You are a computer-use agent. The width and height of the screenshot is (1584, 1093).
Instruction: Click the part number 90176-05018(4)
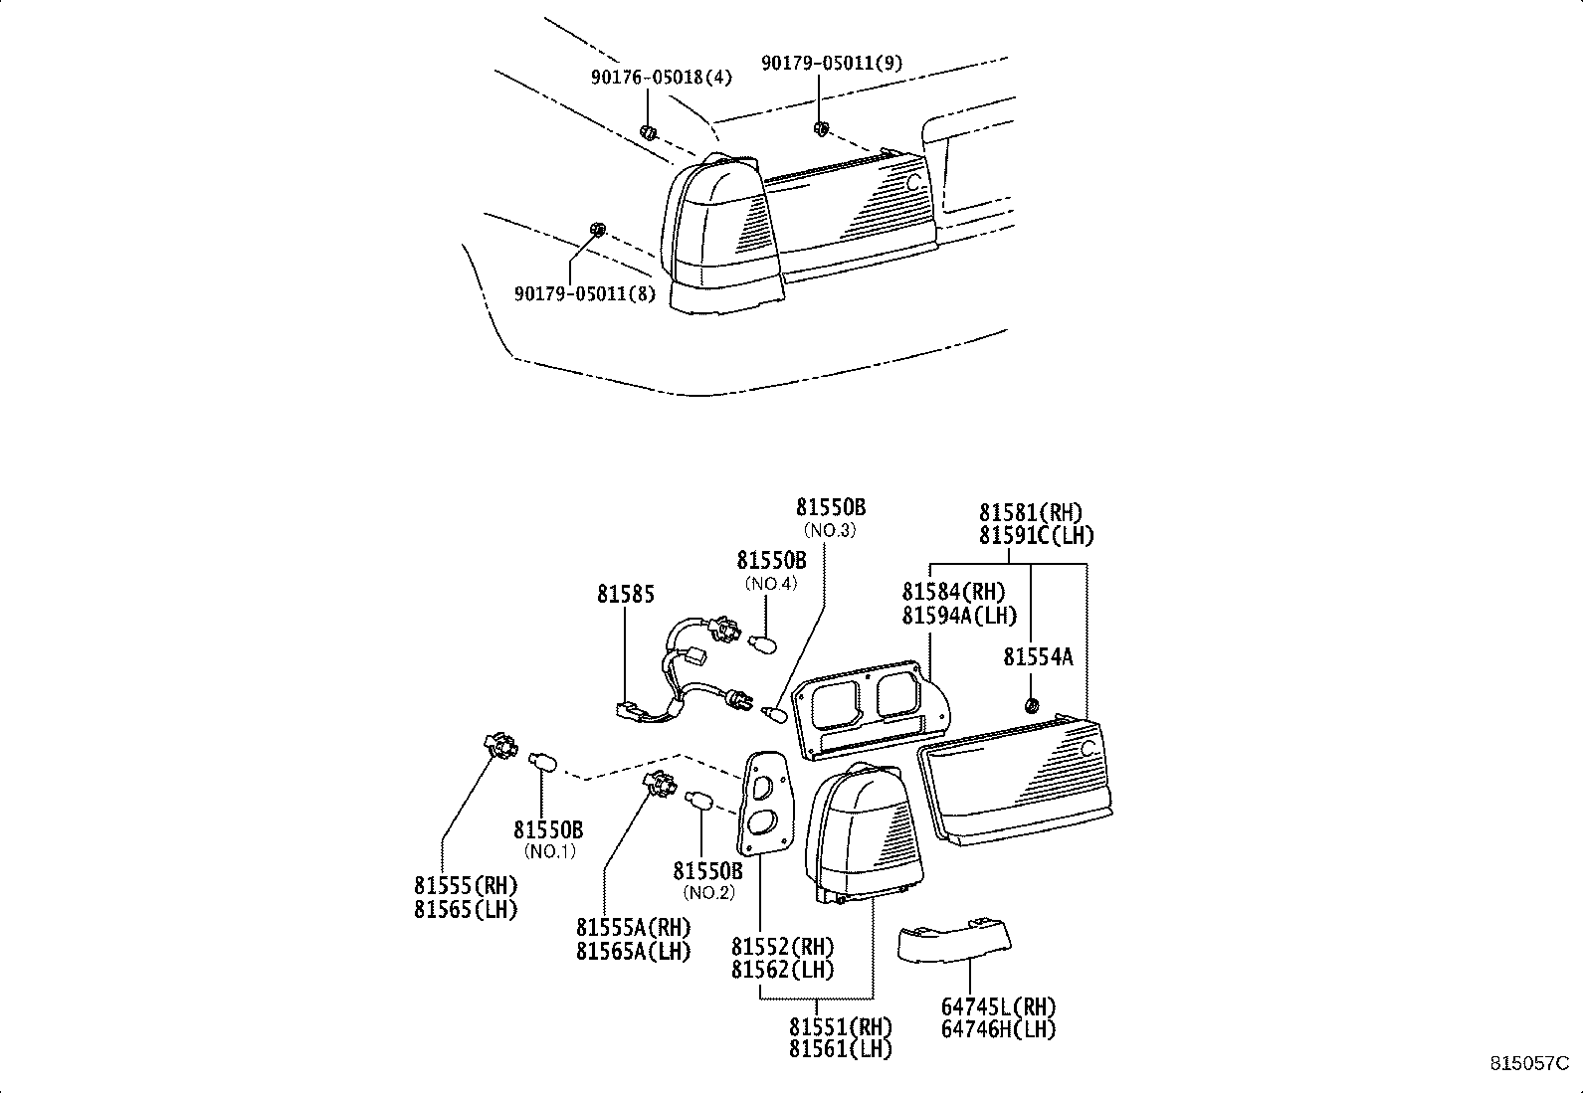662,77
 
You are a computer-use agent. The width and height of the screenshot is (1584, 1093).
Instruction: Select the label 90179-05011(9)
833,63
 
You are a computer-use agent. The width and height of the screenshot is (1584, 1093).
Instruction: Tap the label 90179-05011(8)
585,293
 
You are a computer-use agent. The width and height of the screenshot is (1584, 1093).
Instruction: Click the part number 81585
626,595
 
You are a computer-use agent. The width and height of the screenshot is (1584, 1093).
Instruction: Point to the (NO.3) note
830,530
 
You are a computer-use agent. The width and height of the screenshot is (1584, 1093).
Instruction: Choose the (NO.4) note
771,583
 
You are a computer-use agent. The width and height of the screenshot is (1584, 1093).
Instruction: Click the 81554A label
1038,657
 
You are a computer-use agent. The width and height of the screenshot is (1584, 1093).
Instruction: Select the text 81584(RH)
954,592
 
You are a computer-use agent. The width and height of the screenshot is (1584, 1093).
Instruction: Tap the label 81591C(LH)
1037,536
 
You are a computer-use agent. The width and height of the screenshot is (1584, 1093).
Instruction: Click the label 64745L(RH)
999,1006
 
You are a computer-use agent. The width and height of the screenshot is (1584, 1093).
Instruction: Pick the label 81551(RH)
841,1025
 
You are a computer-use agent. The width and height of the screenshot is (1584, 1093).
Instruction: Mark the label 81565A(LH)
633,952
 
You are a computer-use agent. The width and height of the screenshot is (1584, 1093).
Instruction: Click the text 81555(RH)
466,885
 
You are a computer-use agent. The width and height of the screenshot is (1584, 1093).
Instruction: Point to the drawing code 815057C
1529,1063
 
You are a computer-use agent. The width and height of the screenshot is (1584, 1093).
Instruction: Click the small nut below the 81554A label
1032,705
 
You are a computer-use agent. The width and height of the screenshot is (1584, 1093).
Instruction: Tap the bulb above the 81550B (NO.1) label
543,762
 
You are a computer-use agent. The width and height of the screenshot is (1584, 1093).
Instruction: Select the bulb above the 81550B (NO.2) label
700,800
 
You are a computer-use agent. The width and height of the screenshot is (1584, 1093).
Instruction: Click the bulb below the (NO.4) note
763,644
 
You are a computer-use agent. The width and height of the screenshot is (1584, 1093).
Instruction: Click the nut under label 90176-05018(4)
648,132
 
